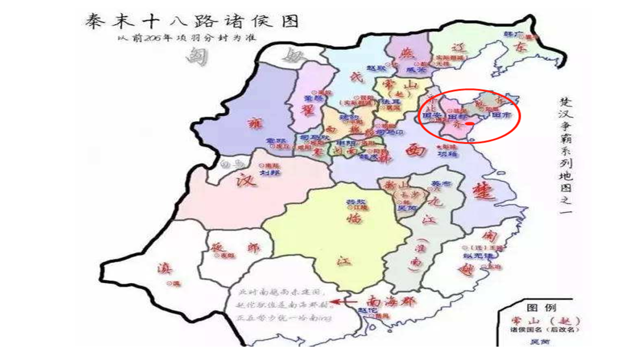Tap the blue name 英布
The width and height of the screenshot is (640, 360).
pyautogui.click(x=436, y=183)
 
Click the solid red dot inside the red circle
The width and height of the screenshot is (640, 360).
pyautogui.click(x=469, y=123)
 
